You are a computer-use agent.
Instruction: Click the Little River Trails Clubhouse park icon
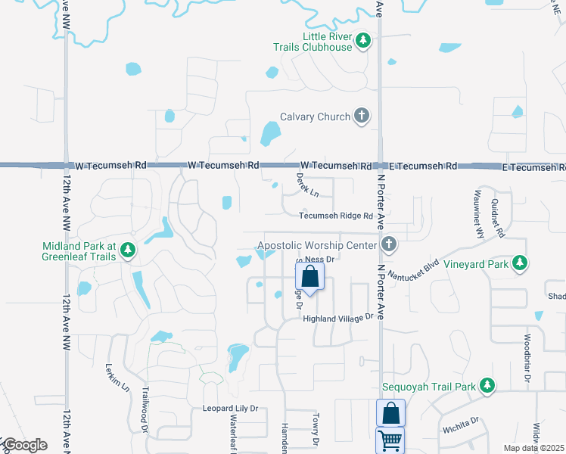pyautogui.click(x=363, y=40)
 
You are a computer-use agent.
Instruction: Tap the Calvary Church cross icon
pyautogui.click(x=362, y=117)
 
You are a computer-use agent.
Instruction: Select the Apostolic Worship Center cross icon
pyautogui.click(x=388, y=244)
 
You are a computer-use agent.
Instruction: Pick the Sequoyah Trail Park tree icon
pyautogui.click(x=487, y=387)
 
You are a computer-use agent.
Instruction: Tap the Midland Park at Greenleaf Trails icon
pyautogui.click(x=128, y=250)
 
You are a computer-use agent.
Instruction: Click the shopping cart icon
pyautogui.click(x=390, y=440)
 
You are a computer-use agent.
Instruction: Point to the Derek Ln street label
pyautogui.click(x=306, y=188)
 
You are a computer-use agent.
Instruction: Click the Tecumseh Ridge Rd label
pyautogui.click(x=336, y=216)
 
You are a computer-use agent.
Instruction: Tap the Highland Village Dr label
pyautogui.click(x=339, y=319)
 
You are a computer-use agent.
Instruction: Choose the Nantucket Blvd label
pyautogui.click(x=421, y=269)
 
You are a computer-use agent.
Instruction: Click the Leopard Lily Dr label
pyautogui.click(x=230, y=409)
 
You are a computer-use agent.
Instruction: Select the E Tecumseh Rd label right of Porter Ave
pyautogui.click(x=423, y=166)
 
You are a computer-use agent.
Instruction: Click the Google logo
pyautogui.click(x=24, y=445)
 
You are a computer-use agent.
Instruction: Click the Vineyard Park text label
pyautogui.click(x=474, y=264)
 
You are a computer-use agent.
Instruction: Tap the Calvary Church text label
pyautogui.click(x=315, y=117)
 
